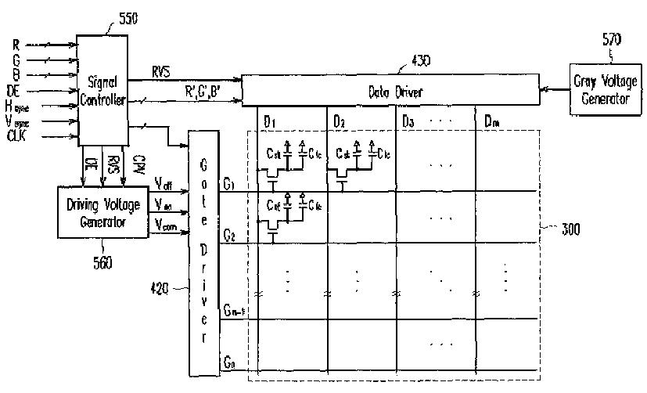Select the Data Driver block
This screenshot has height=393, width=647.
point(390,92)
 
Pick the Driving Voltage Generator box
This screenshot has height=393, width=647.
point(103,211)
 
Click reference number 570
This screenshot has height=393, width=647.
point(613,38)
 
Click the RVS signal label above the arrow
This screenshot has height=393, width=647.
point(163,72)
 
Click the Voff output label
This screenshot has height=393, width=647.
point(165,186)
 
